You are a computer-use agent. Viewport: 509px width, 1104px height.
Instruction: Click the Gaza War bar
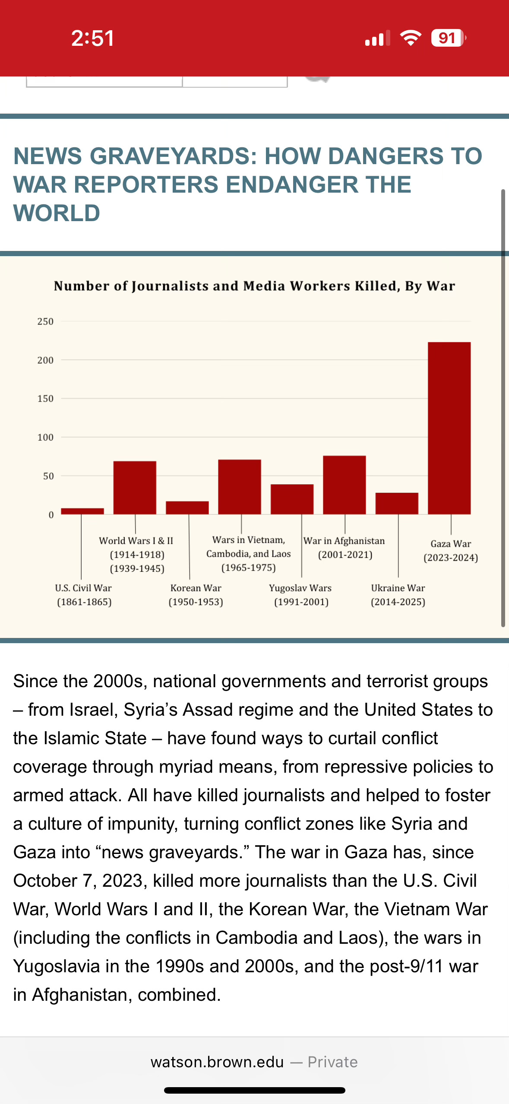[x=449, y=428]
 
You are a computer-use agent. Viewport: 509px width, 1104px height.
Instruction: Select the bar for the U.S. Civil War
[x=82, y=511]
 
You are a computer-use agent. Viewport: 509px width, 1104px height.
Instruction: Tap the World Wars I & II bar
[x=135, y=487]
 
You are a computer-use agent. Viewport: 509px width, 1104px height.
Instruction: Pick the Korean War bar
[x=187, y=508]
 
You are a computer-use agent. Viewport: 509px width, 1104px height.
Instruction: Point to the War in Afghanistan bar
[x=345, y=485]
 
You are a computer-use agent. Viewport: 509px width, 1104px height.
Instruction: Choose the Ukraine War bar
[x=397, y=503]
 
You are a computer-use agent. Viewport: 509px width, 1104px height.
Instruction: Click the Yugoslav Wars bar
[x=292, y=499]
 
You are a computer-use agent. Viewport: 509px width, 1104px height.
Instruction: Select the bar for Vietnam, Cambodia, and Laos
[x=240, y=486]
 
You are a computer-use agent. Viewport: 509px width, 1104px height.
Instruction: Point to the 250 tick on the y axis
[x=45, y=321]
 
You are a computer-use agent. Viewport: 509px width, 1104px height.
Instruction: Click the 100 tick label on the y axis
[x=45, y=437]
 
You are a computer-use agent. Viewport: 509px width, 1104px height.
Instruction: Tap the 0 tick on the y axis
[x=51, y=514]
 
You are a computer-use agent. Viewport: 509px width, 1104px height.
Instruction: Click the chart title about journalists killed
[x=254, y=286]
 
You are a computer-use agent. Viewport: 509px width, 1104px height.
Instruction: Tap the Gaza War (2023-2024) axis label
[x=451, y=551]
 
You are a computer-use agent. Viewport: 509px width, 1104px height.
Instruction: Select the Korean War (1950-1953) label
[x=196, y=595]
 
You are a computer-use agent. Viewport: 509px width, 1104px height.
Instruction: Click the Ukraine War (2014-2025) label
[x=398, y=595]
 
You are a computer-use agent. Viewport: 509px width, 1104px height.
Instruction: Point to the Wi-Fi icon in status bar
[x=411, y=38]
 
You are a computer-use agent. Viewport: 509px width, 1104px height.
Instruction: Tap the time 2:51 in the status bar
[x=93, y=38]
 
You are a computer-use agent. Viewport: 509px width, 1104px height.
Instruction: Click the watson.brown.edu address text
[x=217, y=1062]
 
